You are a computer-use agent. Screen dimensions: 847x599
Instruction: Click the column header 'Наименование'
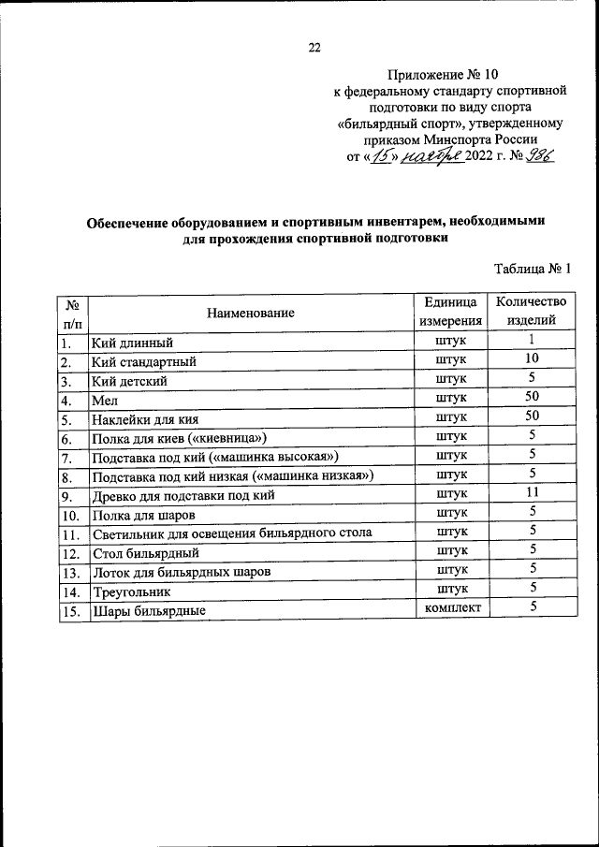pos(251,313)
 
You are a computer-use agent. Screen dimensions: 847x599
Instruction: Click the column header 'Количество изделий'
pos(531,311)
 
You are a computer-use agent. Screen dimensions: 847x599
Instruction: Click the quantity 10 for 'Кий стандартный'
pos(531,359)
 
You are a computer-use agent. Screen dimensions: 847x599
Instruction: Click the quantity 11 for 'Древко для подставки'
pos(531,492)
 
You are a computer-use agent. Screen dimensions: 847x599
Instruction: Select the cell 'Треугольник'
pos(130,591)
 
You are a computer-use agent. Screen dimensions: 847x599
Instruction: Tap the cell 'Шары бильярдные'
pos(149,611)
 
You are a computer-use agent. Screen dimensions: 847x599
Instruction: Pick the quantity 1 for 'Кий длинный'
pos(531,341)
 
